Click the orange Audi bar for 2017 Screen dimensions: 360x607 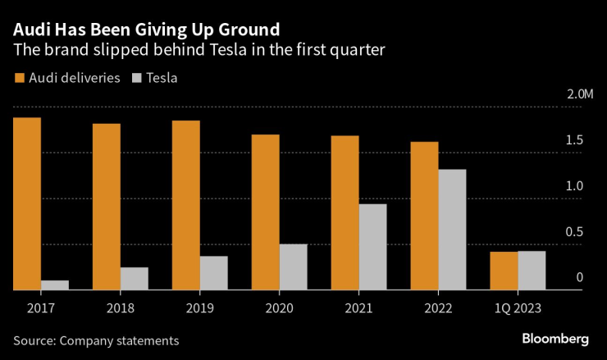point(28,203)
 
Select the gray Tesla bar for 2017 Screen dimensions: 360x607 point(55,285)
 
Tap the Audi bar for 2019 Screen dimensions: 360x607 point(186,205)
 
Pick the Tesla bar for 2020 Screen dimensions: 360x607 point(293,267)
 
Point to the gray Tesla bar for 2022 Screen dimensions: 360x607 point(452,230)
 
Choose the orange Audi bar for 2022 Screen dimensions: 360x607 point(425,216)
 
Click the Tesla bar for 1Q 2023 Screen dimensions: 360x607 point(532,270)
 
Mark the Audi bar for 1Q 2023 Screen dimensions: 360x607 point(504,271)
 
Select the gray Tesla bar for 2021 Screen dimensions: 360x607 point(372,246)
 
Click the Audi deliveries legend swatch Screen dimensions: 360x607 point(19,79)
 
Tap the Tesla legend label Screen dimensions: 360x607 point(162,79)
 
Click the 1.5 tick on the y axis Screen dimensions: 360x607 point(574,141)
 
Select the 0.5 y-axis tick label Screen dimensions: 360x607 point(574,232)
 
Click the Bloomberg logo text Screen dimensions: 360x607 point(555,339)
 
